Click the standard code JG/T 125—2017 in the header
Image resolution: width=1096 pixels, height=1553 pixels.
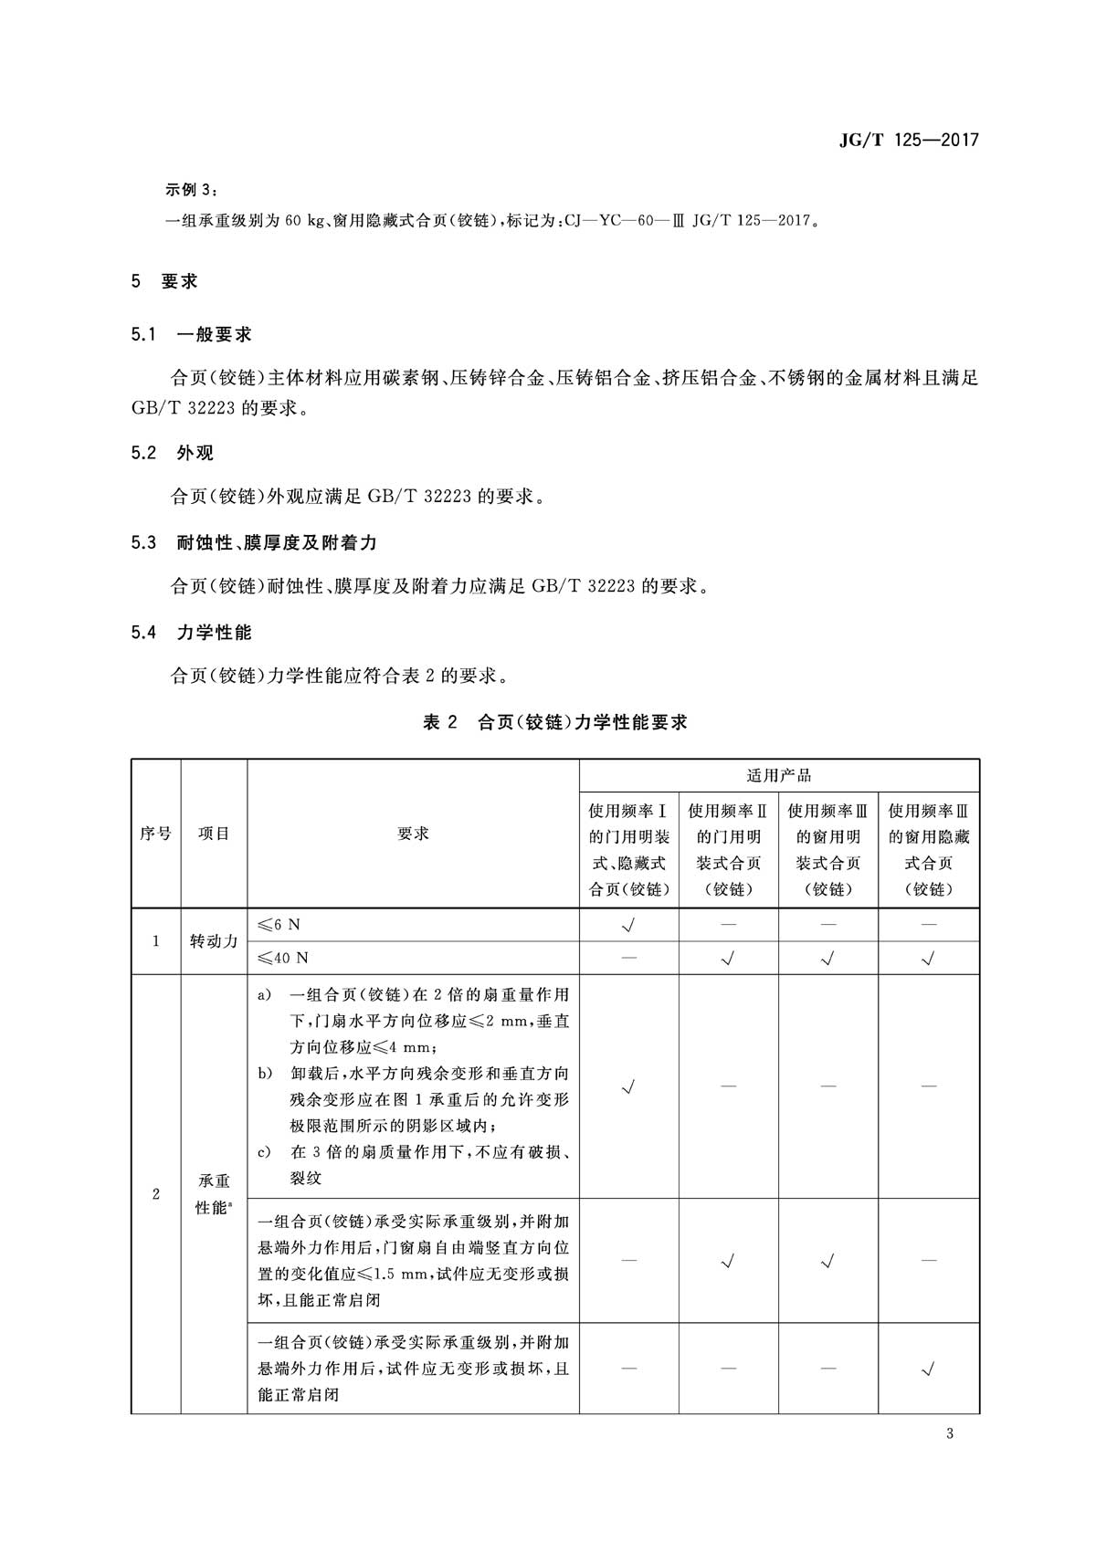(908, 140)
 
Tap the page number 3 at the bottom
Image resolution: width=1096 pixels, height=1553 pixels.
(950, 1433)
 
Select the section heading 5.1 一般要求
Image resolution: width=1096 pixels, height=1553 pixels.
(191, 334)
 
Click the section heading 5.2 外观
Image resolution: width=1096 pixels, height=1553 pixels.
(172, 453)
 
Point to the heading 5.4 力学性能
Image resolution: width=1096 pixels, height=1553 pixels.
(191, 632)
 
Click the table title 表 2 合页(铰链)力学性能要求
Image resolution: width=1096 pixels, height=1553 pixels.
(554, 722)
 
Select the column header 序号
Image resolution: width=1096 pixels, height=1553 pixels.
(155, 834)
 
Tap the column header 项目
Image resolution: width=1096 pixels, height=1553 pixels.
(214, 834)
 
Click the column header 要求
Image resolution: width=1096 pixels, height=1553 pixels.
(413, 834)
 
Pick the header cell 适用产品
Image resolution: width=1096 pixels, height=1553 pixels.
(779, 776)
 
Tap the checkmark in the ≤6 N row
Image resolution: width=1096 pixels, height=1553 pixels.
(628, 925)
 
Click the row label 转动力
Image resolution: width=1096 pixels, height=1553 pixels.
(214, 941)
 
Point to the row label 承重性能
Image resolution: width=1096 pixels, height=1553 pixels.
(214, 1194)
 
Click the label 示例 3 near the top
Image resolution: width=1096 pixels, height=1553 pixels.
(191, 190)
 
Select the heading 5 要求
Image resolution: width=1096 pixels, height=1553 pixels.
(164, 281)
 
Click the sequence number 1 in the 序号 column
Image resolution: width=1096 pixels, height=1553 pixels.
(155, 941)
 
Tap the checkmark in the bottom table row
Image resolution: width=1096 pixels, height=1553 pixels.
(929, 1368)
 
